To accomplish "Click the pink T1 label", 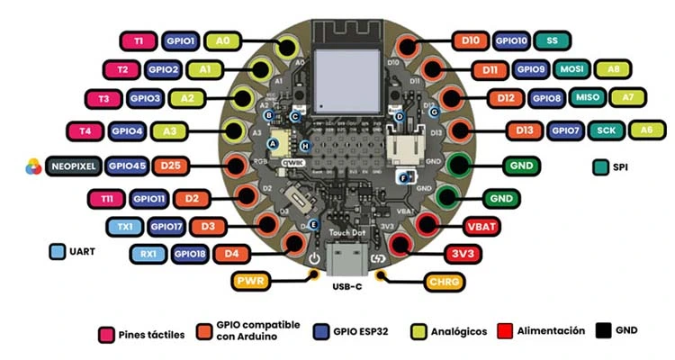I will [139, 41].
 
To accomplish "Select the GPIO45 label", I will [125, 166].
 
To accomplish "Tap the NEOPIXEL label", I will [72, 166].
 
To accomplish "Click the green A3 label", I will [168, 131].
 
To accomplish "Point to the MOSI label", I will [571, 69].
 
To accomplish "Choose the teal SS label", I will [552, 41].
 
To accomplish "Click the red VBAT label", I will [479, 224].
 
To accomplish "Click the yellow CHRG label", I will [444, 282].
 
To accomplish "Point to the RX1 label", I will [148, 255].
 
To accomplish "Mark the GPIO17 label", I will [166, 226].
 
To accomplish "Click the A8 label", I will [614, 69].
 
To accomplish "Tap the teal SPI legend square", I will [600, 167].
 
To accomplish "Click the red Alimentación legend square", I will [504, 331].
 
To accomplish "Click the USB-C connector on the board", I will [346, 265].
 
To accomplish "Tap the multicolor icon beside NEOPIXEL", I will [31, 166].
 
